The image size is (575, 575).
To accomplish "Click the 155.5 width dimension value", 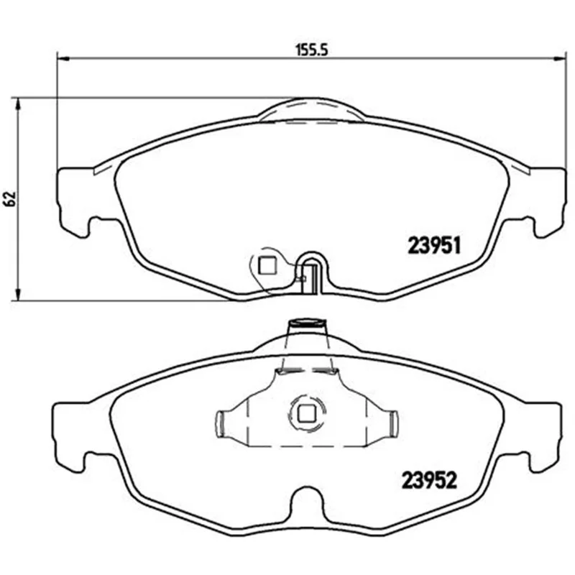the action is (x=311, y=50).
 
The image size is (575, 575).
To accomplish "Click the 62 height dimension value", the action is (x=11, y=198).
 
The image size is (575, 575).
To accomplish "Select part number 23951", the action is (x=434, y=245).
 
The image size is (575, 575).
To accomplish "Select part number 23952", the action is (x=429, y=480).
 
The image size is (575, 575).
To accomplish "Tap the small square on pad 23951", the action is (x=267, y=265).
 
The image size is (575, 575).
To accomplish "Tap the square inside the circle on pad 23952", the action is (x=307, y=414).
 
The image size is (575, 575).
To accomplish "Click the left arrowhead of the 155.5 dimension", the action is (x=63, y=58).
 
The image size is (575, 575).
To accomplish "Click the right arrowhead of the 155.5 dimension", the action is (x=559, y=58).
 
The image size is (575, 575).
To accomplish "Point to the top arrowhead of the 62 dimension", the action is (x=17, y=103).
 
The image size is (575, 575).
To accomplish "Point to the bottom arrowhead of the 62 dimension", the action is (x=17, y=294).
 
